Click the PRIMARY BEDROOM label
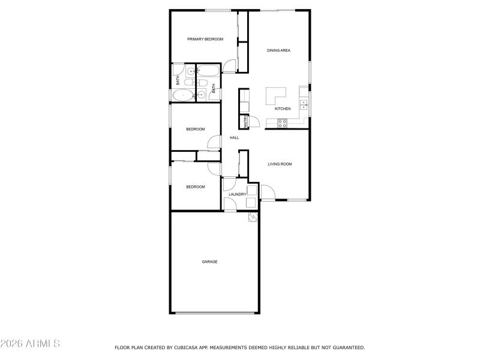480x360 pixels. click(x=205, y=39)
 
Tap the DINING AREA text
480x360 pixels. click(x=278, y=50)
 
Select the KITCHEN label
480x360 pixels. click(x=283, y=109)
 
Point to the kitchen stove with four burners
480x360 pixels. click(x=283, y=123)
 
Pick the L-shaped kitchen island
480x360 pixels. click(x=275, y=95)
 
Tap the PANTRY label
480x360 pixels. click(x=246, y=121)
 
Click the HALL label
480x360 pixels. click(x=234, y=138)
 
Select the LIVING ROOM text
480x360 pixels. click(x=280, y=164)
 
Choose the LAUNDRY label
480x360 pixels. click(x=238, y=194)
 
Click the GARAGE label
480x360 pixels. click(x=209, y=262)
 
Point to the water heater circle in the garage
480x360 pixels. click(x=253, y=217)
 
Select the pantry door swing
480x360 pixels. click(x=254, y=122)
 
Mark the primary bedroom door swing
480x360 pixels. click(x=229, y=66)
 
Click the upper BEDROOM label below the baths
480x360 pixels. click(x=195, y=129)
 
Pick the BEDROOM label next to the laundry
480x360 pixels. click(x=195, y=187)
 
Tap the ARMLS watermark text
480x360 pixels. click(x=30, y=344)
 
